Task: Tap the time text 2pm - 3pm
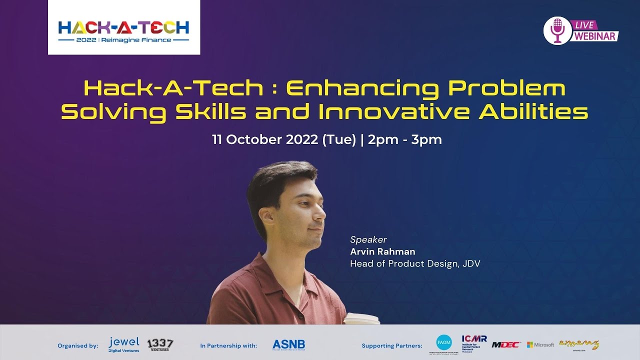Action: (405, 140)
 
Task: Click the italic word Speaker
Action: (368, 239)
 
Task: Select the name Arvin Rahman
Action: (382, 251)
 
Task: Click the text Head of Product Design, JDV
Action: (415, 263)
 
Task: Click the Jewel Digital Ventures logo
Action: (124, 344)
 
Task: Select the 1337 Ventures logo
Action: (160, 344)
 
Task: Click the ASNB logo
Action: (288, 345)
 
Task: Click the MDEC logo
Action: (506, 344)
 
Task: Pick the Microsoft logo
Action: (540, 344)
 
